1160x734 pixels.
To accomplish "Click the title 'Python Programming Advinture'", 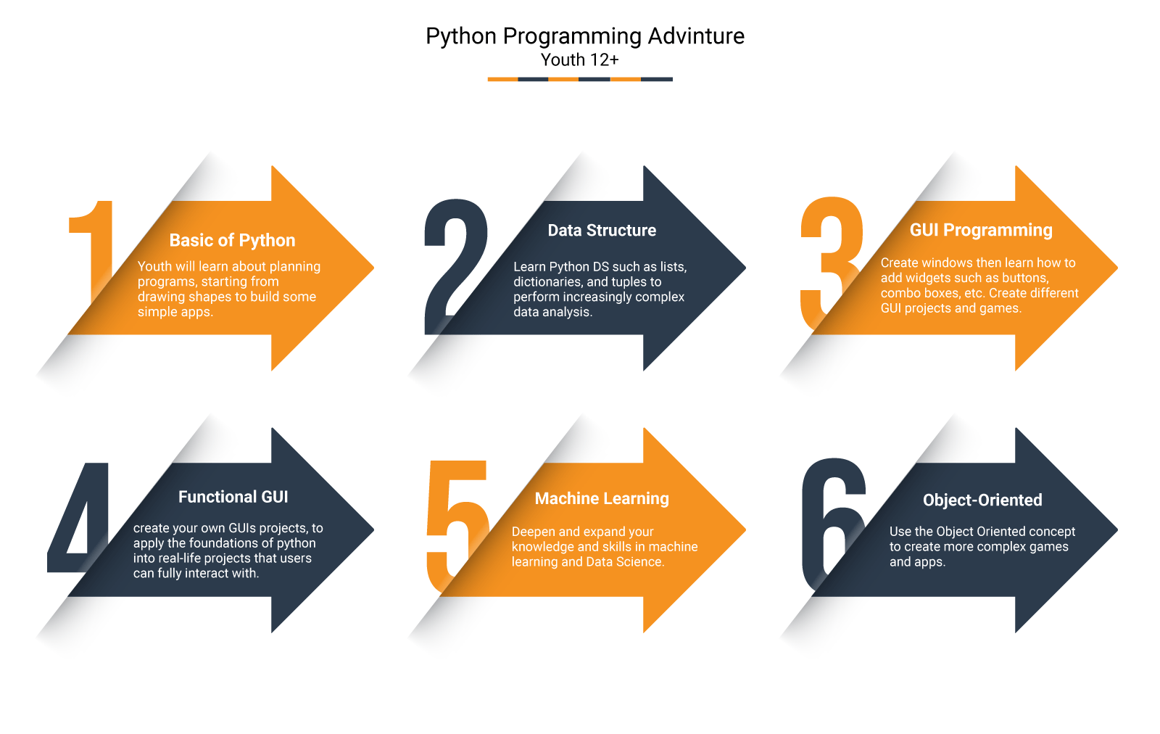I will pos(584,36).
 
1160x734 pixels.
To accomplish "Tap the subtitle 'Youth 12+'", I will pos(579,60).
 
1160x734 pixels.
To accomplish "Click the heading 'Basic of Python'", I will pos(232,240).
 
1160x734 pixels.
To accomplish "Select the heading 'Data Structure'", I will pos(602,231).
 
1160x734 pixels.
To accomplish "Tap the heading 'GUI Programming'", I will pos(981,231).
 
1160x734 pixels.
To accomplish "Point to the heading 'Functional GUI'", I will pos(233,497).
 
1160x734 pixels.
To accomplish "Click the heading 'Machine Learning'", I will pos(602,499).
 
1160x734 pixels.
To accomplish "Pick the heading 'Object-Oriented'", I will pos(982,500).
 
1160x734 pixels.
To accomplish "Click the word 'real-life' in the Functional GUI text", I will pos(176,558).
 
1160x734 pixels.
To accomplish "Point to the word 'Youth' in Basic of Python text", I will pos(154,267).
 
